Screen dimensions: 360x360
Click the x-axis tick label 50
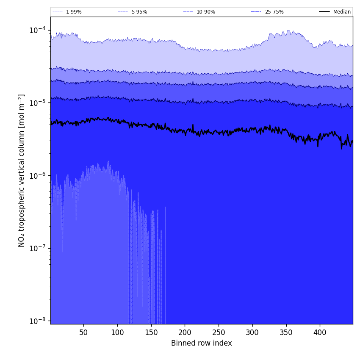[x=84, y=332]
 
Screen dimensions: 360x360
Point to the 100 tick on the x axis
[x=117, y=332]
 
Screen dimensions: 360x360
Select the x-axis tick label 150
[x=151, y=332]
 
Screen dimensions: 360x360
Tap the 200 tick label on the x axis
[x=185, y=332]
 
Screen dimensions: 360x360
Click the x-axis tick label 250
[x=219, y=332]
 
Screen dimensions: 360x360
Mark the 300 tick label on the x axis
[x=252, y=332]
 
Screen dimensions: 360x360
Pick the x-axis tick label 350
[x=286, y=332]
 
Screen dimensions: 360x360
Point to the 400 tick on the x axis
[x=320, y=332]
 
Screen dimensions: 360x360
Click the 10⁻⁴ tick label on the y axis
[x=38, y=30]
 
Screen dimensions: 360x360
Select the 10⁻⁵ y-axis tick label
[x=38, y=103]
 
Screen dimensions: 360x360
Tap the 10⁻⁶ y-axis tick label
[x=38, y=175]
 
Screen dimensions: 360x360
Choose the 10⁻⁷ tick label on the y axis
[x=38, y=248]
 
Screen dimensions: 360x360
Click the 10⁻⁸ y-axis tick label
[x=38, y=321]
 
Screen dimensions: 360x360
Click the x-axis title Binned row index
[x=202, y=343]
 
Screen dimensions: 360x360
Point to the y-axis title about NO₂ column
[x=22, y=170]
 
